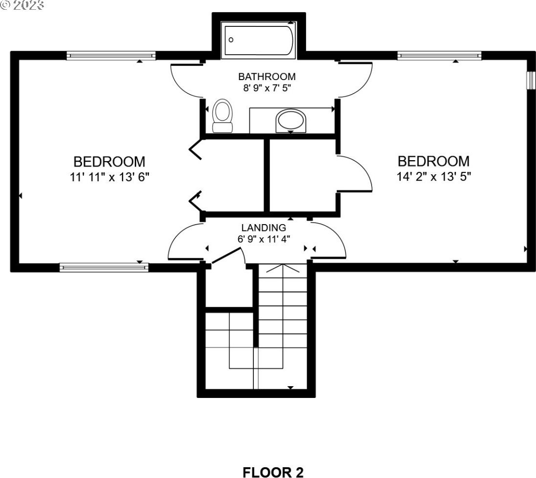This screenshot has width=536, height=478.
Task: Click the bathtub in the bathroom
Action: click(x=258, y=40)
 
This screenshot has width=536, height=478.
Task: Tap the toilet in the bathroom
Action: click(x=223, y=116)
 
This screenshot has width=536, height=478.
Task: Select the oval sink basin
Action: click(x=290, y=121)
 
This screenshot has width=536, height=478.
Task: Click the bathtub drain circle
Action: click(x=231, y=40)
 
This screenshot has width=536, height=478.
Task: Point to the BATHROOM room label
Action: click(x=267, y=76)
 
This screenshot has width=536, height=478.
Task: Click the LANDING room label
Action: click(x=264, y=228)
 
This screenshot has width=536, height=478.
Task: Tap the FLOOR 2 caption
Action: click(x=273, y=472)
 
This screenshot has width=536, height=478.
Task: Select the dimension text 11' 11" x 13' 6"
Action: click(x=110, y=177)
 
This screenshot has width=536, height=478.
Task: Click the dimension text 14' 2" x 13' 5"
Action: click(x=434, y=177)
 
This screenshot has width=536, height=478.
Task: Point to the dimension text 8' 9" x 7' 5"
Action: click(x=267, y=88)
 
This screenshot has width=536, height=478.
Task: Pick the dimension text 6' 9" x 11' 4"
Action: click(x=264, y=239)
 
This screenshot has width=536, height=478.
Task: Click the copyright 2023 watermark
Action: click(x=22, y=5)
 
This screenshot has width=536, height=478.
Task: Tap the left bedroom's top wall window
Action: click(x=111, y=55)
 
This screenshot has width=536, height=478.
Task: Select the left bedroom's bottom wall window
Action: click(x=104, y=267)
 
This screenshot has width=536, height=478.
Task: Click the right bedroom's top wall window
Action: click(x=439, y=55)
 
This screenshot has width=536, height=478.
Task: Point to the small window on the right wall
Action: click(x=530, y=81)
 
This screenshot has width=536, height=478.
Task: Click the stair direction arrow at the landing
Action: click(x=283, y=268)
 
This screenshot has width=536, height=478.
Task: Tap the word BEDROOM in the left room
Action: click(x=109, y=162)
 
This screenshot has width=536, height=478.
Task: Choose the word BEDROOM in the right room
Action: click(x=433, y=161)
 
